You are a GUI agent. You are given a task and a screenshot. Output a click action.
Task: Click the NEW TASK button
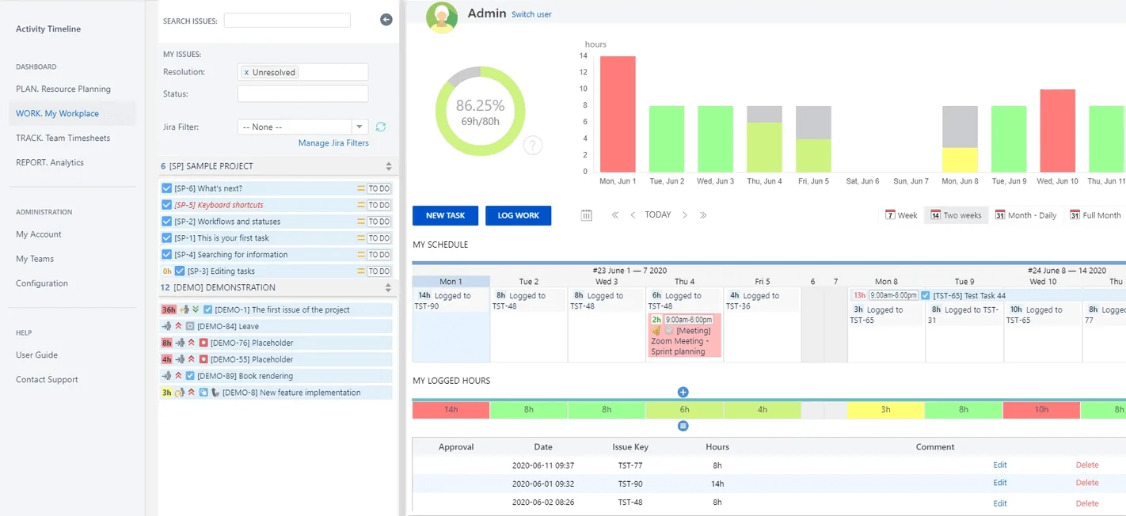[445, 215]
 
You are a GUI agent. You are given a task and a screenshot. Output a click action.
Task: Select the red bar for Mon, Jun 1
[618, 114]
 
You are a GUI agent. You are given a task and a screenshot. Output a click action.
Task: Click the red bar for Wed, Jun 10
[1057, 131]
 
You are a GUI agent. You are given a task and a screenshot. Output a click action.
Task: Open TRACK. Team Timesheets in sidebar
[63, 138]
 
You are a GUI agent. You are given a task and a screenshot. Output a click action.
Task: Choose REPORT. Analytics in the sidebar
[50, 162]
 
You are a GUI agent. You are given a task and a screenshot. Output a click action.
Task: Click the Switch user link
[531, 14]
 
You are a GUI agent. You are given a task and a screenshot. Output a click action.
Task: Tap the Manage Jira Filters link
[333, 143]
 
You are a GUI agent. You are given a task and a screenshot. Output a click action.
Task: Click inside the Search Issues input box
[287, 21]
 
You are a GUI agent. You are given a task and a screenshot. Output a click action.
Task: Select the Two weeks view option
[956, 215]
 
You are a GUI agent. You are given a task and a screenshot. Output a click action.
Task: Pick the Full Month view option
[1096, 215]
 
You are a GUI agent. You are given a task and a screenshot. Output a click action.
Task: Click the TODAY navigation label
[657, 215]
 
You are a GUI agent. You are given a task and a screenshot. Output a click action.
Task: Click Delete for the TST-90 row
[1086, 483]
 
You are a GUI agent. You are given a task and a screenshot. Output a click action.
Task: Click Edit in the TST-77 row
[1000, 465]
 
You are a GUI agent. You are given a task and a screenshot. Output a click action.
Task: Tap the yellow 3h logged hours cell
[885, 410]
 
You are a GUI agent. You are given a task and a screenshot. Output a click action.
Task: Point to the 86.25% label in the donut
[480, 106]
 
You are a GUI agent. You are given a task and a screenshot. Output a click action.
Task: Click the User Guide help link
[36, 355]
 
